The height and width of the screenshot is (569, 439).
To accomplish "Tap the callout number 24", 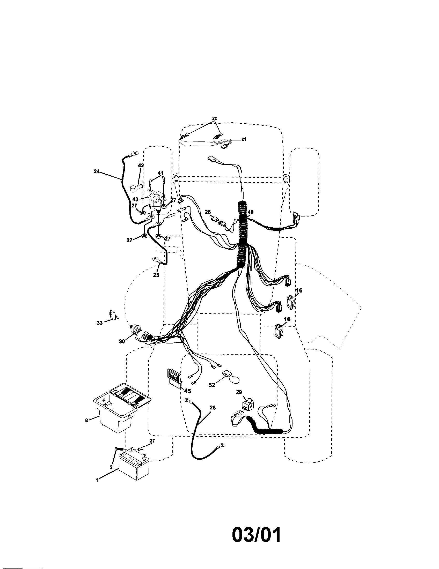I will click(97, 171).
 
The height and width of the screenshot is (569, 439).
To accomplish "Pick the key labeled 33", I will click(112, 315).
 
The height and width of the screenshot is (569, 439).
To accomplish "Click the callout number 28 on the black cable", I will click(213, 407).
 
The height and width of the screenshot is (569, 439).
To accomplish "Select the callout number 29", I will click(239, 392).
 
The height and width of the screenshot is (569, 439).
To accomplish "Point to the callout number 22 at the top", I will click(214, 118).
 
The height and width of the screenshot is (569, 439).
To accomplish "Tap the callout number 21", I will click(244, 139).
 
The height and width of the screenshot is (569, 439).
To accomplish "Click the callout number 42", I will click(141, 166).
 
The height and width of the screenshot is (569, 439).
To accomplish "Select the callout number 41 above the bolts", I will click(160, 173).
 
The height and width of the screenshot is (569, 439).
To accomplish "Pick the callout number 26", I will click(208, 212).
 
